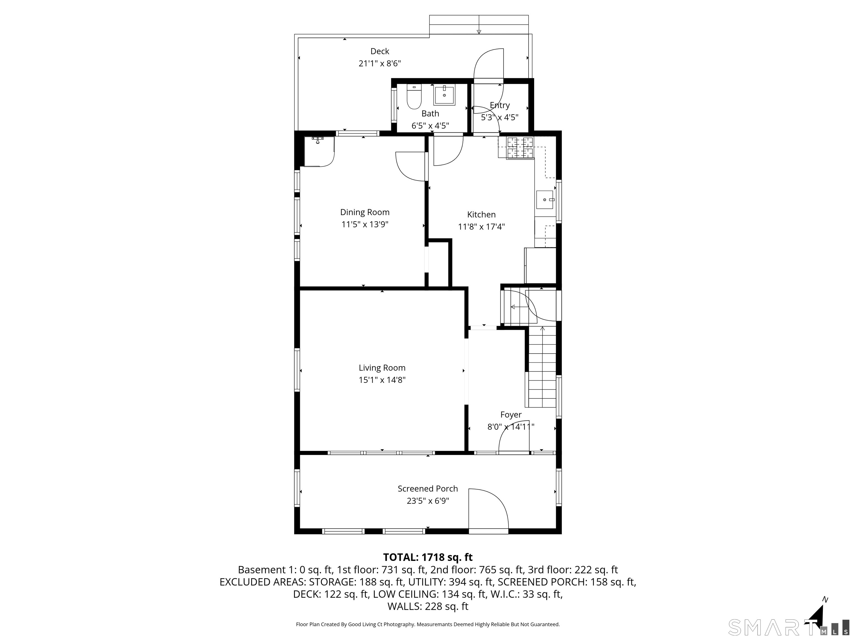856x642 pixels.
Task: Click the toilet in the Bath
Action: (x=414, y=97)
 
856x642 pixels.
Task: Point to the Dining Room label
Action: (x=364, y=212)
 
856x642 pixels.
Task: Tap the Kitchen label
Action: (x=481, y=214)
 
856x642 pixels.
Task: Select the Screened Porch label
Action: (x=428, y=489)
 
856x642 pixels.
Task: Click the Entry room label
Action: (x=500, y=105)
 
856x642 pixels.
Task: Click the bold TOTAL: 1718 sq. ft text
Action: (x=428, y=557)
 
